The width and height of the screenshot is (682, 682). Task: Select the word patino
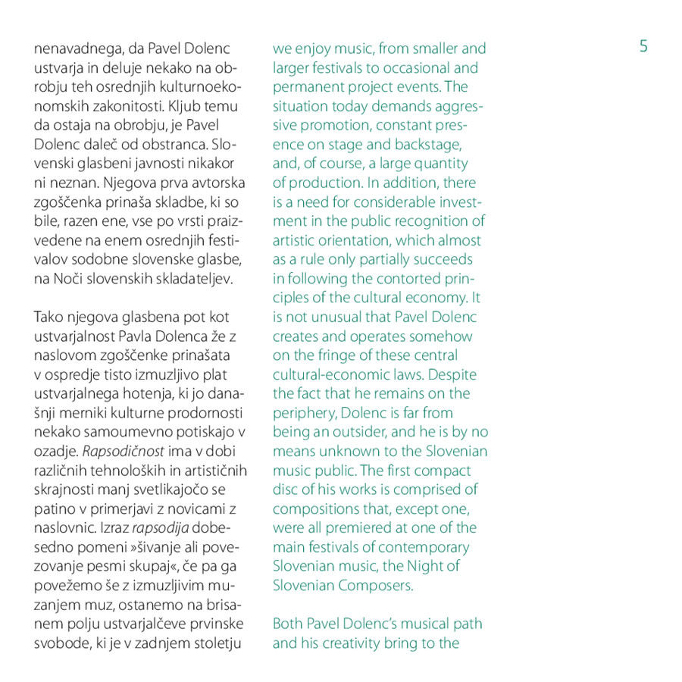(53, 490)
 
